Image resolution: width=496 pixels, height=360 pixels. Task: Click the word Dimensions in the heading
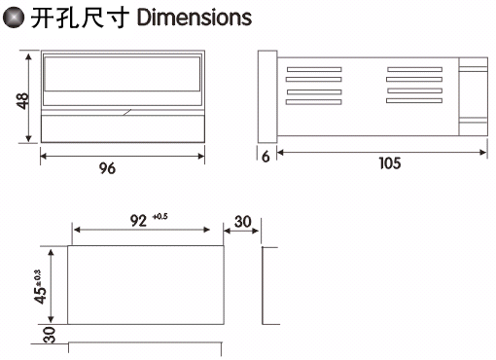[195, 18]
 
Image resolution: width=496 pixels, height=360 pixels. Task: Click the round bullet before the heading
[14, 18]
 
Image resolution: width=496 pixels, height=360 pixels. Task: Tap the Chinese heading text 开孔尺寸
[80, 18]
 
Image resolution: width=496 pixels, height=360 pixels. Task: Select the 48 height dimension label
[22, 101]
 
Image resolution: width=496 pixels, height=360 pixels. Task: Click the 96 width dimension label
[107, 168]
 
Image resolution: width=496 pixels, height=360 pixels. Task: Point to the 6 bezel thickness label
[266, 157]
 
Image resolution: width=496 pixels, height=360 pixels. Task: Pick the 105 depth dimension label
[390, 163]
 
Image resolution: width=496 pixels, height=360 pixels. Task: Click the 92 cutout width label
[138, 221]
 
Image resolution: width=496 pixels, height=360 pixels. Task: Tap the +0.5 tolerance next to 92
[159, 216]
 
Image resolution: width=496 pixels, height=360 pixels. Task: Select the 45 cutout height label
[40, 295]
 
